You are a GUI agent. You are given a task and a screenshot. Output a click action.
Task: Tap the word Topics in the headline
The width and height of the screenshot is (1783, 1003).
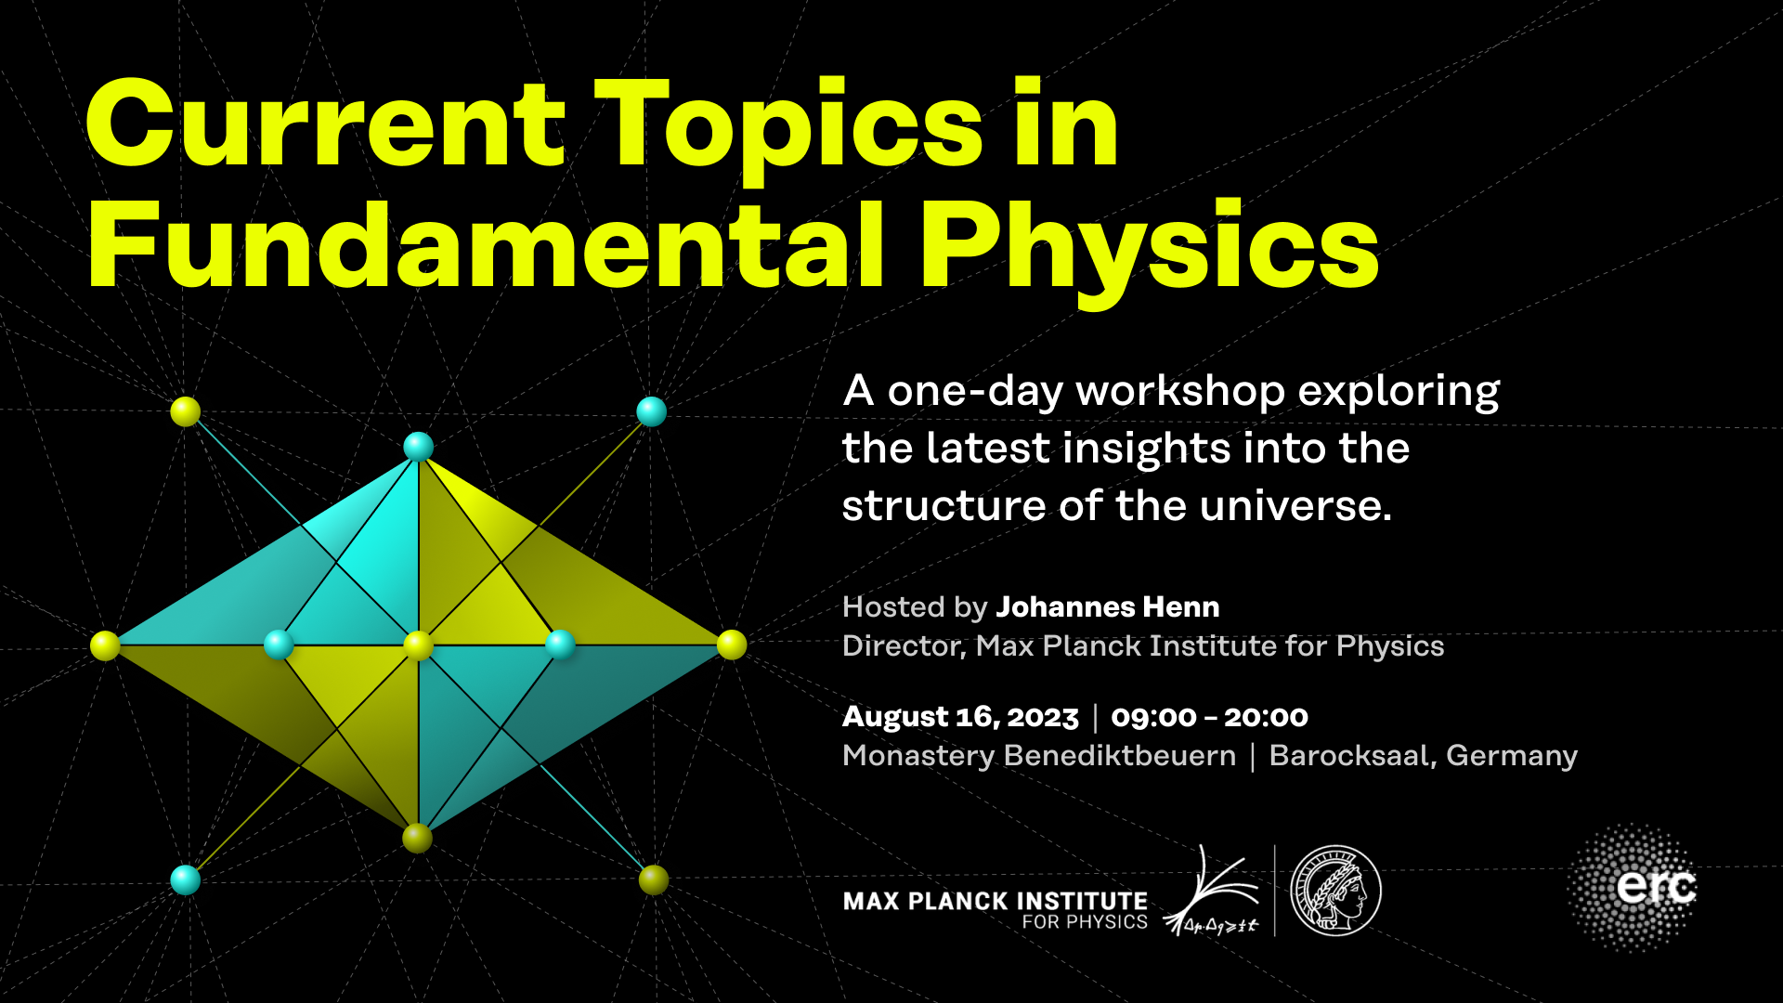point(788,130)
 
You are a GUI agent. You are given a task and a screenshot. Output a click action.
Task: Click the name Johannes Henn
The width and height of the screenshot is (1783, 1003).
point(1107,607)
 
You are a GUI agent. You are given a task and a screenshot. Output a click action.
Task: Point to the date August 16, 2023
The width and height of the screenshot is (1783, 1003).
point(960,717)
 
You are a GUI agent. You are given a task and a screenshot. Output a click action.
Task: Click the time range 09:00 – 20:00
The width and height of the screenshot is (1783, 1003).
point(1209,717)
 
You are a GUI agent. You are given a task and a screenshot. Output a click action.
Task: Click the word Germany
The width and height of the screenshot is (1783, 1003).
point(1512,756)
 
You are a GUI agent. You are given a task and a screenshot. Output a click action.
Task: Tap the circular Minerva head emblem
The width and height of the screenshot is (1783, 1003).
point(1335,891)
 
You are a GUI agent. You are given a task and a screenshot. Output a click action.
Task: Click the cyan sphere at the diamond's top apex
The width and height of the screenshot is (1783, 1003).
point(419,447)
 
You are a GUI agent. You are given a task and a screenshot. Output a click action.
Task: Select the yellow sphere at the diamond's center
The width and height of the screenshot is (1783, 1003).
point(419,645)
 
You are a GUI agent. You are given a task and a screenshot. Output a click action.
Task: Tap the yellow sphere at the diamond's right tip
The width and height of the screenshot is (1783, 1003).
point(732,645)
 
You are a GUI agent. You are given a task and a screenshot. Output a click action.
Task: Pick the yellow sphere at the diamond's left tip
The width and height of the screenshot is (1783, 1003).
point(106,645)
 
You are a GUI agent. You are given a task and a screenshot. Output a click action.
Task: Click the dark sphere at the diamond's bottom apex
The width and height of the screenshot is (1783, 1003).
point(418,838)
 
